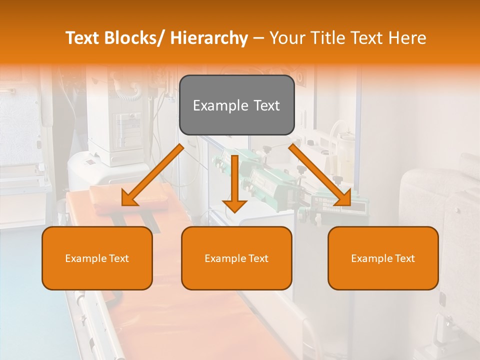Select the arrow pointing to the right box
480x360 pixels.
[320, 174]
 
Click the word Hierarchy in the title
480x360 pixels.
[209, 38]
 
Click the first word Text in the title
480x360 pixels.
[84, 38]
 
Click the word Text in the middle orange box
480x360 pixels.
[257, 258]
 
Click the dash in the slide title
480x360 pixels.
[258, 38]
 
